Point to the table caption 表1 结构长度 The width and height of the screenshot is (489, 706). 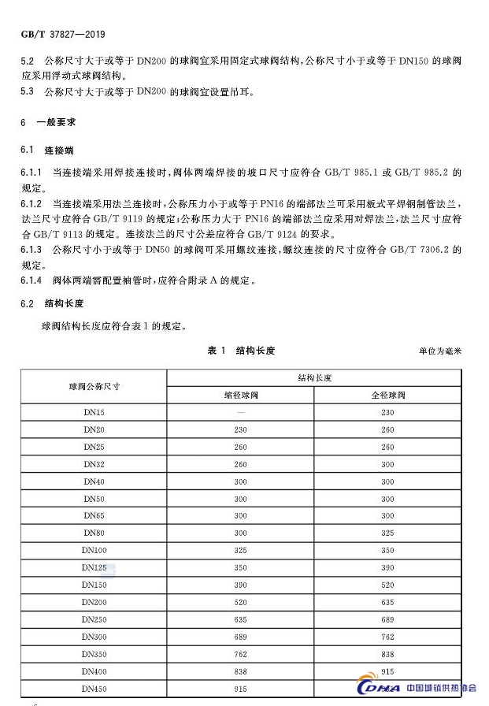pyautogui.click(x=240, y=350)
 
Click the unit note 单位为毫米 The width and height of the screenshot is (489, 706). pyautogui.click(x=439, y=351)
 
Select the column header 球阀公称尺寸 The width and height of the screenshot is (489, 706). pyautogui.click(x=94, y=386)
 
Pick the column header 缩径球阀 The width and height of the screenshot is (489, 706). pyautogui.click(x=240, y=395)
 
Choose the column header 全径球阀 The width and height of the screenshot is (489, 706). pyautogui.click(x=387, y=395)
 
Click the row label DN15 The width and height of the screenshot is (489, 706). pyautogui.click(x=94, y=412)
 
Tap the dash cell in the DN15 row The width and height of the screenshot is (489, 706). pyautogui.click(x=240, y=412)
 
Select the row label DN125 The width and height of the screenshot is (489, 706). pyautogui.click(x=94, y=567)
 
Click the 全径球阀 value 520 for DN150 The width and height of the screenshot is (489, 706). pyautogui.click(x=387, y=584)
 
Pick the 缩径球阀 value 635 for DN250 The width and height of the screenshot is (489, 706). pyautogui.click(x=240, y=619)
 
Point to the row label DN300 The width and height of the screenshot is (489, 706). pyautogui.click(x=94, y=636)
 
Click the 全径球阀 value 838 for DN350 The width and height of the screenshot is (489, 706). pyautogui.click(x=387, y=653)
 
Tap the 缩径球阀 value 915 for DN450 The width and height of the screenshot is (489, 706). pyautogui.click(x=240, y=688)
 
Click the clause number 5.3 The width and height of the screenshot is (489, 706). pyautogui.click(x=27, y=91)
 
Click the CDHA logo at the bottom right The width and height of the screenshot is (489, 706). pyautogui.click(x=379, y=688)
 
